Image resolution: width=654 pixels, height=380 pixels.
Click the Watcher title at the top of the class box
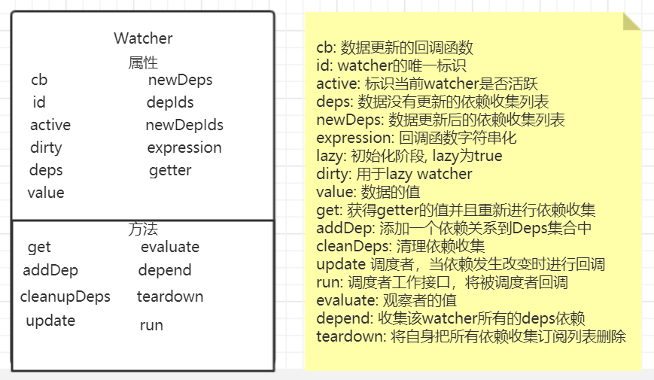point(143,38)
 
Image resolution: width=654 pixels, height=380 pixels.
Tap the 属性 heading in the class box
point(143,62)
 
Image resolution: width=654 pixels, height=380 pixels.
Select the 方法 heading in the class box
point(143,230)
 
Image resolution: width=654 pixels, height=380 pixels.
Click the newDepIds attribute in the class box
point(184,125)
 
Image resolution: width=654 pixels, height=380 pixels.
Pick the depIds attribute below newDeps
point(170,102)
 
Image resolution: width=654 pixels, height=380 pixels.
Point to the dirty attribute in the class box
point(46,147)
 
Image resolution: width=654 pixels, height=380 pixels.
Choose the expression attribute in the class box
point(184,147)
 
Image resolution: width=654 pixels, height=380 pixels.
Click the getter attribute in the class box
point(170,170)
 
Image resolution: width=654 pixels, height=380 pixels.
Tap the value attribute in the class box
point(46,193)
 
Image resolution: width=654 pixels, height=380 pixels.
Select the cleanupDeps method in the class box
point(65,296)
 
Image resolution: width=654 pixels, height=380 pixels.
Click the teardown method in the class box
point(170,296)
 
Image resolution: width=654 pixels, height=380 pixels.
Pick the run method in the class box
point(151,325)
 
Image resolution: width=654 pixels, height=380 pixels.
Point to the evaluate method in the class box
point(170,247)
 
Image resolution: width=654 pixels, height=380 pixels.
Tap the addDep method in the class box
point(50,270)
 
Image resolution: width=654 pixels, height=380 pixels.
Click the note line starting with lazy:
point(409,156)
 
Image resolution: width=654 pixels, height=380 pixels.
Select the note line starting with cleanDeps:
point(400,246)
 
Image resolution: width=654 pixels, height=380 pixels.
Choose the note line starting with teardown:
point(470,336)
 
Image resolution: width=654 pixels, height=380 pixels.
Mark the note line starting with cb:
point(394,47)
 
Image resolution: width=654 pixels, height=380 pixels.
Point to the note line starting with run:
point(442,282)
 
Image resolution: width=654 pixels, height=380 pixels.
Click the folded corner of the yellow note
point(631,21)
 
